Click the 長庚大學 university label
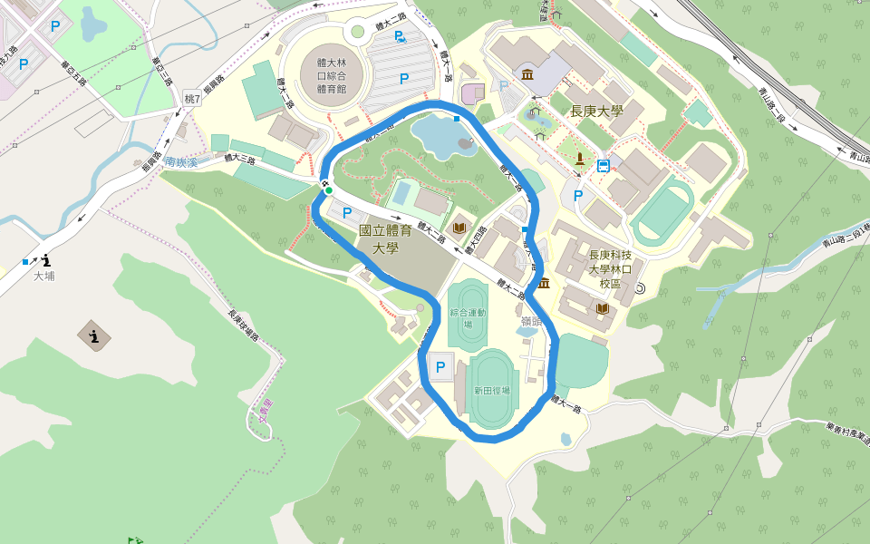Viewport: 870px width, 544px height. click(595, 112)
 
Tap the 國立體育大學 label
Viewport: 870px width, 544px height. click(385, 239)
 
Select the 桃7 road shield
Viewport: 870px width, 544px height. click(191, 98)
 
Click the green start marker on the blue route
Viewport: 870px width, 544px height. click(328, 189)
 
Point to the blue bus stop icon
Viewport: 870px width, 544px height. click(603, 165)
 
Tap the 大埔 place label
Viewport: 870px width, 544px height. click(43, 276)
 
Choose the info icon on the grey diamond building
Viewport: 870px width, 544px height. click(94, 337)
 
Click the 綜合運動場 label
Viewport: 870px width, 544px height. click(468, 317)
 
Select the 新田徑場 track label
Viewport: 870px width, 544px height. click(491, 391)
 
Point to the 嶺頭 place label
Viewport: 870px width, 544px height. click(531, 321)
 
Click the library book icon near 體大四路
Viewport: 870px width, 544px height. click(459, 227)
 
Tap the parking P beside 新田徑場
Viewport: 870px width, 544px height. click(440, 367)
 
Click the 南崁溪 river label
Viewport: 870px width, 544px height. click(181, 163)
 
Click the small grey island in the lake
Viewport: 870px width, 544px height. click(466, 142)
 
